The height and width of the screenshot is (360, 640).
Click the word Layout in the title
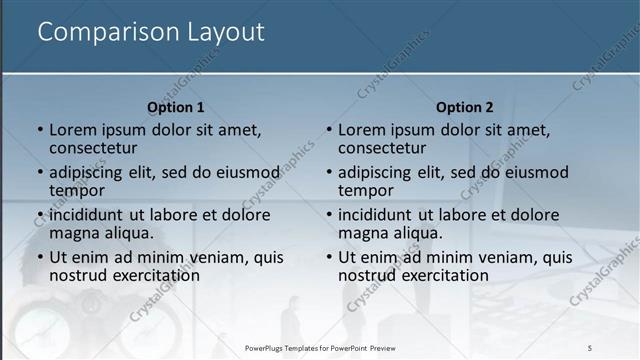coord(225,33)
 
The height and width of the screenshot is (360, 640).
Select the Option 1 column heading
coord(176,107)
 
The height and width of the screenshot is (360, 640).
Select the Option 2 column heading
coord(465,107)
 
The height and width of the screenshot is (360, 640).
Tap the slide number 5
coord(590,347)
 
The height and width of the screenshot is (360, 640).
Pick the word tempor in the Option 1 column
coord(76,190)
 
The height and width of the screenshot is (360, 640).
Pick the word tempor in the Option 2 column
coord(365,190)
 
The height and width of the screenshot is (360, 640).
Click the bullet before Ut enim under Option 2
coord(329,258)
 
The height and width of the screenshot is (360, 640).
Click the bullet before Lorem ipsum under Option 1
coord(40,130)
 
